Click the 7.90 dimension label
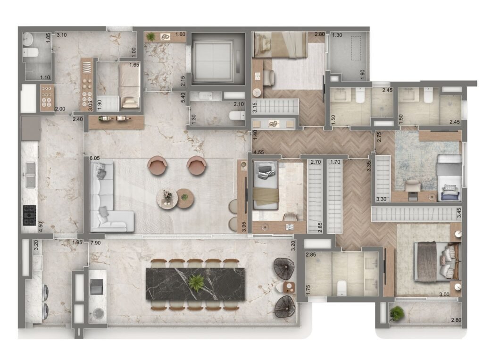95,243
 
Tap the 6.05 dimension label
95,158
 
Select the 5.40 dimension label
183,98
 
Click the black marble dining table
195,284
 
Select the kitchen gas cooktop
30,215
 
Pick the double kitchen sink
30,175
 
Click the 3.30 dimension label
381,199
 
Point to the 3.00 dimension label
444,294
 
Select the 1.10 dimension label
45,78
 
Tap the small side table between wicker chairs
289,287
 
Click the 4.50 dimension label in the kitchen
40,226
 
